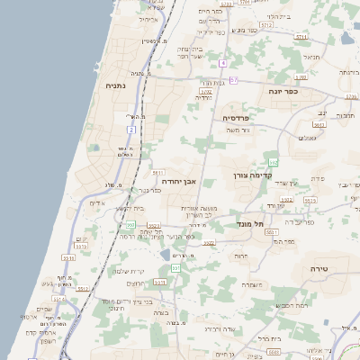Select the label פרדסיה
[x=241, y=117]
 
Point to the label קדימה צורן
[x=252, y=175]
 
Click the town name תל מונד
[x=248, y=222]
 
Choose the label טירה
[x=319, y=268]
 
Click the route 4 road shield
[x=222, y=63]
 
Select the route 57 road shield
[x=233, y=80]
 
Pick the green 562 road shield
[x=273, y=162]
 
